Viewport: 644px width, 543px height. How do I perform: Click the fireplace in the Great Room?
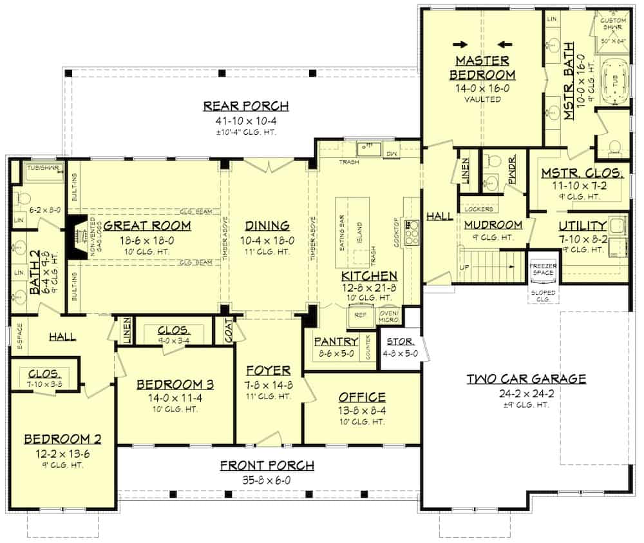[x=75, y=237]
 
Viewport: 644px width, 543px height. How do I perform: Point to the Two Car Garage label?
[x=526, y=379]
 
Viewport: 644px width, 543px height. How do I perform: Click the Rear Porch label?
[x=245, y=106]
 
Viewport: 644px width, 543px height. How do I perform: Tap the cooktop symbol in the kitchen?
[x=412, y=228]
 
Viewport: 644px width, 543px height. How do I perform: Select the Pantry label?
[x=332, y=341]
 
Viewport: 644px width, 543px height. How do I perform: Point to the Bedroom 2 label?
[x=62, y=439]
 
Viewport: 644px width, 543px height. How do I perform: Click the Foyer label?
[x=268, y=370]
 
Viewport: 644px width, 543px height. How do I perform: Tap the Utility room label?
[x=582, y=225]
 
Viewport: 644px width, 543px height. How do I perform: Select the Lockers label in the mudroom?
[x=478, y=209]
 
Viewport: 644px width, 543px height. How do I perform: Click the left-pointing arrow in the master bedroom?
[x=505, y=44]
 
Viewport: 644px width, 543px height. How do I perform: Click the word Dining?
[x=267, y=225]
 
